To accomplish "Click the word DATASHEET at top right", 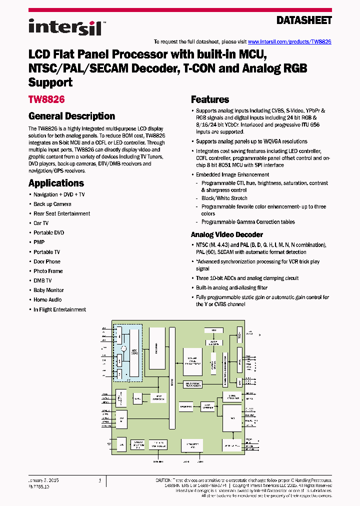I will click(x=304, y=20).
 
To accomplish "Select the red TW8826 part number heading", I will click(x=46, y=99).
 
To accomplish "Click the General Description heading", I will click(x=72, y=116).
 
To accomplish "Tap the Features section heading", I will click(x=210, y=99).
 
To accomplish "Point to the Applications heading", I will click(x=56, y=183).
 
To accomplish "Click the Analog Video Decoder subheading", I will click(x=227, y=234).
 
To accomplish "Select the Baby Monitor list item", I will click(x=48, y=290).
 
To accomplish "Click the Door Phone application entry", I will click(x=47, y=261).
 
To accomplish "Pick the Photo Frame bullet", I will click(x=48, y=271).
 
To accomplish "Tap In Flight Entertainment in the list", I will click(x=59, y=309).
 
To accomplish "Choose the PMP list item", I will click(x=39, y=242).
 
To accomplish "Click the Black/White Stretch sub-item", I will click(x=224, y=198).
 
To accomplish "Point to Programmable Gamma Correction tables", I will click(x=248, y=222).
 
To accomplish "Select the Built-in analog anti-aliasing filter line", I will click(x=231, y=287).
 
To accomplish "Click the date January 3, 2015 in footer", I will click(x=44, y=480).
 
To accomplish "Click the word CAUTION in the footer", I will click(x=165, y=480).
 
